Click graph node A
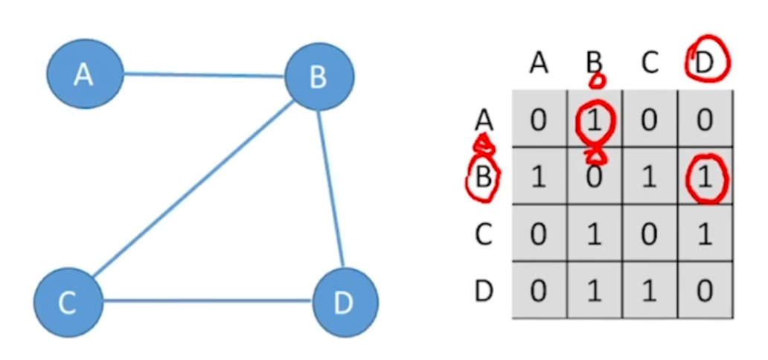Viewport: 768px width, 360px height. coord(84,74)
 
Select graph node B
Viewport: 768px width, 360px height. coord(319,76)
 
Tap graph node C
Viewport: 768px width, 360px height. coord(68,302)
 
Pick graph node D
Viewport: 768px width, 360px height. coord(345,302)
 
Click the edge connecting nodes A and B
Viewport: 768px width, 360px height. coord(205,74)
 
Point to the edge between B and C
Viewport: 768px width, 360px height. coord(193,189)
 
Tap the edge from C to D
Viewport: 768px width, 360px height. coord(207,301)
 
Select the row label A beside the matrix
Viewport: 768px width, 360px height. coord(484,119)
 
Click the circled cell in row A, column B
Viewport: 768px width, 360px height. coord(595,120)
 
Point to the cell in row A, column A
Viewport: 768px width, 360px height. coord(539,120)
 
